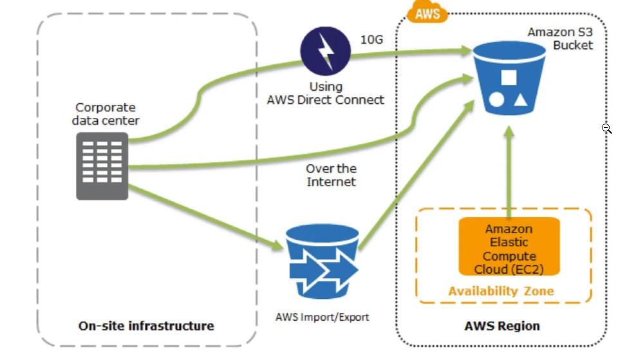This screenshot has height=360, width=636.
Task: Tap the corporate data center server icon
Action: point(102,166)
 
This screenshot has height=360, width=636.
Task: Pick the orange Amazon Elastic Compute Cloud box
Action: point(509,247)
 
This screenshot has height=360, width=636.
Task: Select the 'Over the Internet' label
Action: point(331,175)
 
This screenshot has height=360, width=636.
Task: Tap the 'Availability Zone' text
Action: point(501,290)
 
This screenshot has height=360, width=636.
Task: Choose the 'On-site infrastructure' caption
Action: point(146,325)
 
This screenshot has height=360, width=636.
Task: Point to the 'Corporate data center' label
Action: point(106,114)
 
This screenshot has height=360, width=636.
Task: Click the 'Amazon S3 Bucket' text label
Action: point(560,38)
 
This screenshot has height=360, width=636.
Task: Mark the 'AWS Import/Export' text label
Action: point(322,317)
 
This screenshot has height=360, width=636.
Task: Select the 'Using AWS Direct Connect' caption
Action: point(326,93)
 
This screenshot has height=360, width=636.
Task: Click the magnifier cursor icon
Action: point(606,129)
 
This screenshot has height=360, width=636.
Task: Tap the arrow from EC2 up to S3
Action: point(509,171)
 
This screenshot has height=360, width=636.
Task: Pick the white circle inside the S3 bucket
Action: point(496,99)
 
